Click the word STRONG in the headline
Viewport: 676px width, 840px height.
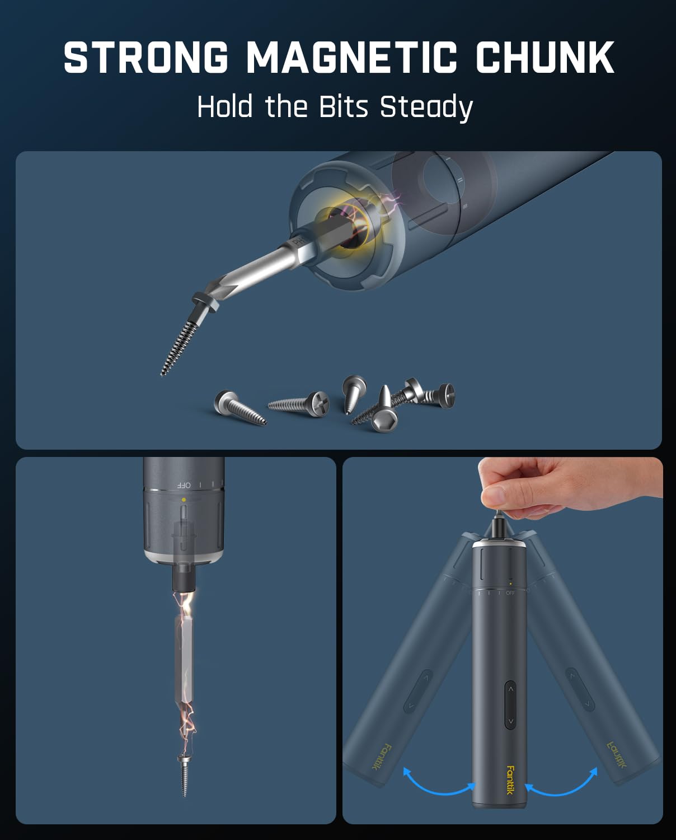point(145,57)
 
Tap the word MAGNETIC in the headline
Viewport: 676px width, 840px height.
point(351,57)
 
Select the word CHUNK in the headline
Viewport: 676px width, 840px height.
point(544,57)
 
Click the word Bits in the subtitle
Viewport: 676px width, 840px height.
point(343,106)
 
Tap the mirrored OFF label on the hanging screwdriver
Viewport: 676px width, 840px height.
point(184,485)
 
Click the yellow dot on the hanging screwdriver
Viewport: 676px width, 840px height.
point(184,500)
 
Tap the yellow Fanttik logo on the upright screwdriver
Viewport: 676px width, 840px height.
point(510,780)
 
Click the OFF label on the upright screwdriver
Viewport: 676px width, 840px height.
point(510,593)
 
